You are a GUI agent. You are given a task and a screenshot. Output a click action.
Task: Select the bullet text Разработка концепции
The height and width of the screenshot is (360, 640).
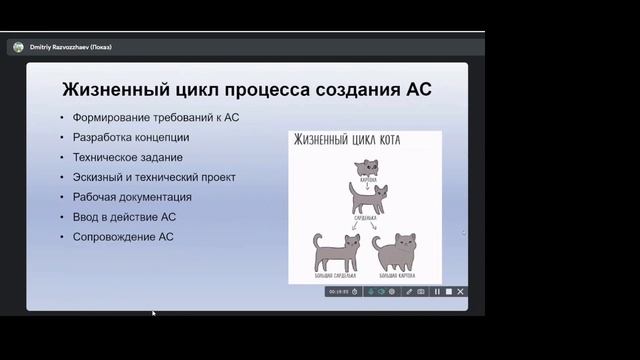tap(131, 137)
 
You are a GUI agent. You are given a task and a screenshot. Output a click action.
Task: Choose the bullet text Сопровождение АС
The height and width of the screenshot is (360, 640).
tap(123, 237)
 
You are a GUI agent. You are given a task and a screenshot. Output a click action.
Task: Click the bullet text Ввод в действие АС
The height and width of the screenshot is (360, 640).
tap(124, 217)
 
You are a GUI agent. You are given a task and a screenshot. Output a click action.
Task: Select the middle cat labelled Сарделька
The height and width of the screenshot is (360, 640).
tap(365, 195)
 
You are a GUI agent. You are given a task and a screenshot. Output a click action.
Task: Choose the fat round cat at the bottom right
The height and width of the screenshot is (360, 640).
tap(397, 253)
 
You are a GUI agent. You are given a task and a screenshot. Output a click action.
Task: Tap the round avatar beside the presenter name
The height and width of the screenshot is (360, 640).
tap(18, 47)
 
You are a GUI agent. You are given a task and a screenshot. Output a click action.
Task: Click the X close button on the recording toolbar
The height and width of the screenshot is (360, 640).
tap(461, 292)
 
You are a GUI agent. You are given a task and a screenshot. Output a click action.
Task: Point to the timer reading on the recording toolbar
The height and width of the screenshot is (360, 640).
tap(339, 292)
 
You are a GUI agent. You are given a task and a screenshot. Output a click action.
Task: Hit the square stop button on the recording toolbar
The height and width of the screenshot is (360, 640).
tap(449, 292)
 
